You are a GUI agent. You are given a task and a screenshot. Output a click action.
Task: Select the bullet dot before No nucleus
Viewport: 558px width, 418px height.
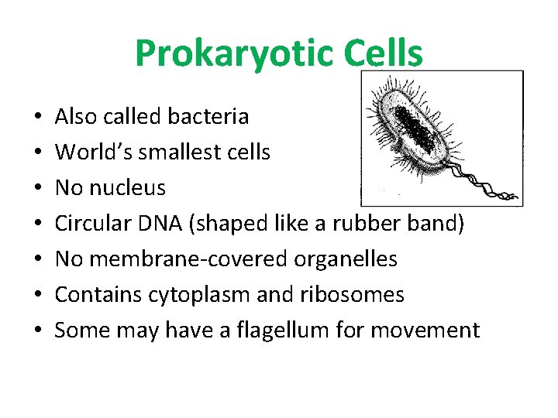click(x=40, y=189)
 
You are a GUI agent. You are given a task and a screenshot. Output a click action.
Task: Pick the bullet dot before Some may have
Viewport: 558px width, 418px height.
click(x=40, y=331)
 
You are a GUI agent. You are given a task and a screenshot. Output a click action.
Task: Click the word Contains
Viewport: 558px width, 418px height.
click(x=93, y=295)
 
